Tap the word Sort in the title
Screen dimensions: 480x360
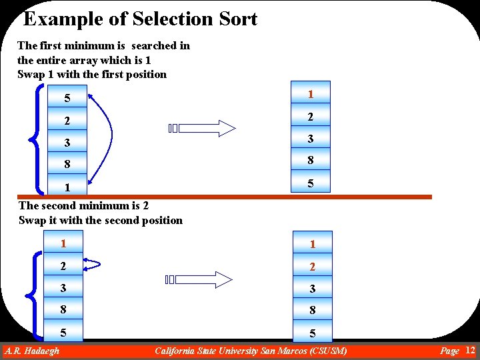[236, 19]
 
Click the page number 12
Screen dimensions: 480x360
[469, 350]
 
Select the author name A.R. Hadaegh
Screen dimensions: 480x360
[32, 351]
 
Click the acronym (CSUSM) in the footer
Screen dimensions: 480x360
[325, 351]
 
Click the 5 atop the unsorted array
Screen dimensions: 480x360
[67, 99]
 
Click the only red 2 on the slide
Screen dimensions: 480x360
[310, 267]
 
